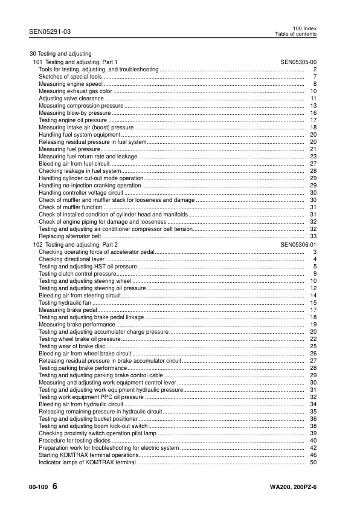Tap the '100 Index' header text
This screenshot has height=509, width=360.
[x=304, y=28]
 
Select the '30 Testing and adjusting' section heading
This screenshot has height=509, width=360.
[x=60, y=54]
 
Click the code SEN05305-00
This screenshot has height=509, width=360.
[x=298, y=62]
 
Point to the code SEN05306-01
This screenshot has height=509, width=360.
[x=298, y=244]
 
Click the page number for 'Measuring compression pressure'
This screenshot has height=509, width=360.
[x=313, y=106]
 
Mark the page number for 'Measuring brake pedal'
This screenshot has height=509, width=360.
[x=313, y=310]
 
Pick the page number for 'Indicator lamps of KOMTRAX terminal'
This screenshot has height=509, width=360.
[x=313, y=462]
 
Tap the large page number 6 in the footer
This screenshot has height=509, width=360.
[x=55, y=487]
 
